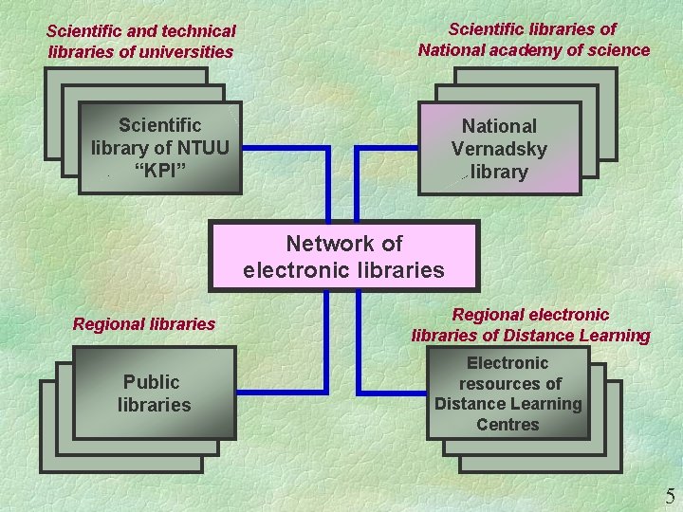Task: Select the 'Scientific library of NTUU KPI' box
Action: (159, 148)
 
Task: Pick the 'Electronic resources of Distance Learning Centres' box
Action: (508, 393)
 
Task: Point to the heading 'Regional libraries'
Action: (144, 324)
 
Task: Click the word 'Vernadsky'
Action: (499, 149)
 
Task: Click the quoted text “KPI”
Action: (159, 170)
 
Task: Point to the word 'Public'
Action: (151, 382)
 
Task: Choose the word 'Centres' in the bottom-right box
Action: (508, 425)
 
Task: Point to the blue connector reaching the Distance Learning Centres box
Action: (391, 391)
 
